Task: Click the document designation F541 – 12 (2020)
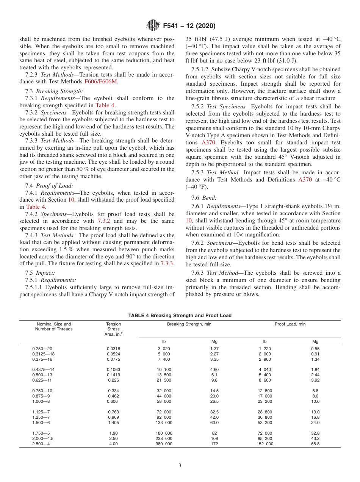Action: tap(189, 26)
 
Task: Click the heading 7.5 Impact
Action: tap(40, 273)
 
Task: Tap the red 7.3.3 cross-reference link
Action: tap(167, 263)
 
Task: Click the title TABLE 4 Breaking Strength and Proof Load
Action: tap(180, 315)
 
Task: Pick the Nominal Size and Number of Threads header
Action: tap(54, 327)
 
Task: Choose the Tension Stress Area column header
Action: tap(113, 329)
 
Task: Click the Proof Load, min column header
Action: tap(290, 324)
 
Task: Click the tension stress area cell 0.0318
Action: tap(113, 348)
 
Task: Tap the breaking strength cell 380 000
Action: tap(164, 443)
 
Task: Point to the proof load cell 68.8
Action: tap(315, 443)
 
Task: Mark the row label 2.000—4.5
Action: tap(43, 438)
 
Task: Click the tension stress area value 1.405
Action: tap(113, 423)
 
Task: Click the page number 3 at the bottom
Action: tap(180, 466)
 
